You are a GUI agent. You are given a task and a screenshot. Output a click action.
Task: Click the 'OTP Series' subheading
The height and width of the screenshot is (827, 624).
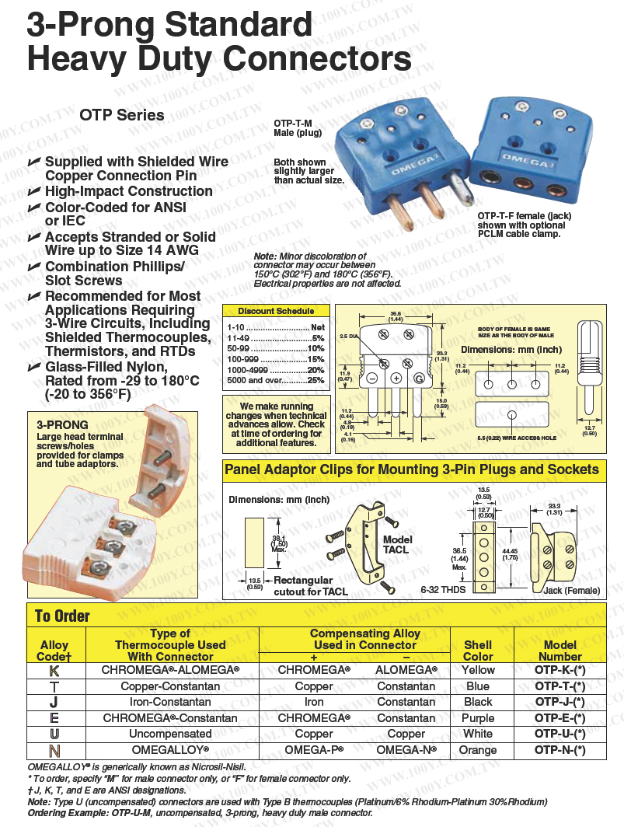point(122,116)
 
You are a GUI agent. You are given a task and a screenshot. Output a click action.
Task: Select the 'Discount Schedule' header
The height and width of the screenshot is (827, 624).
point(277,311)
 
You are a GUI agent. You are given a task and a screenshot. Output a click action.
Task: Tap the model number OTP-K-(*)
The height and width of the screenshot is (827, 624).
point(560,670)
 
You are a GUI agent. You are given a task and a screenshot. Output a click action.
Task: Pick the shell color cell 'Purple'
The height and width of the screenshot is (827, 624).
point(477,717)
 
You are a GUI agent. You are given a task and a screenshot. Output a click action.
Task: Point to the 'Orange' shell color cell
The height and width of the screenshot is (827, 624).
point(477,749)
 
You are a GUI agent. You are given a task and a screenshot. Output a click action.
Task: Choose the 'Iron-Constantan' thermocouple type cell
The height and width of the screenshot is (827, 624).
point(170,702)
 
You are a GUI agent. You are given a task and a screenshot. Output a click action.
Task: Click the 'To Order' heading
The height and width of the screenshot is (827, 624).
point(62,616)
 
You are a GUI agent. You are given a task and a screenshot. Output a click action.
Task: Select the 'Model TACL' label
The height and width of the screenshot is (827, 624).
point(397,544)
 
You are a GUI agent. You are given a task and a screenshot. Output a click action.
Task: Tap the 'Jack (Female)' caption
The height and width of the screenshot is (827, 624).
point(571,591)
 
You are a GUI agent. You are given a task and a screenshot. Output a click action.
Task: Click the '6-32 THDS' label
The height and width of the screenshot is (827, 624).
point(442,591)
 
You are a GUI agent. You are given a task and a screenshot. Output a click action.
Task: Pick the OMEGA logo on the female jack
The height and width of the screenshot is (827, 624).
point(525,159)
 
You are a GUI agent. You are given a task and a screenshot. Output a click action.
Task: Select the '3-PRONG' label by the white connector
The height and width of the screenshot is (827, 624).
point(62,425)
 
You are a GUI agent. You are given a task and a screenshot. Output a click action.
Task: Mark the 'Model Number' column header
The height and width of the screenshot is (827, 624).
point(560,651)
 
